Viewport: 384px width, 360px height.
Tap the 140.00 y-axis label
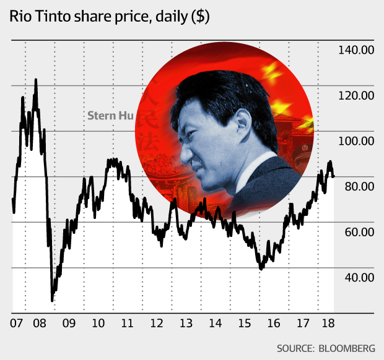pos(356,50)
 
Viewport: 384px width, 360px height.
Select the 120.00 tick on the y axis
pos(356,95)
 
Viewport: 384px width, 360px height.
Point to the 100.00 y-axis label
pos(356,141)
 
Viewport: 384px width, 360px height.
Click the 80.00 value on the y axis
pos(358,186)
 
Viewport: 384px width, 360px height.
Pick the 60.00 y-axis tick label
pos(358,232)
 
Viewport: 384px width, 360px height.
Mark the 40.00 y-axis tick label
pos(358,277)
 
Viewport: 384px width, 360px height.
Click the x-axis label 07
pos(17,323)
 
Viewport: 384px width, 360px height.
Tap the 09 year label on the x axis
pos(68,323)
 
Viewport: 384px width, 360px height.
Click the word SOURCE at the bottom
pos(294,348)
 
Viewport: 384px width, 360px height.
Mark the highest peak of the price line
pos(35,80)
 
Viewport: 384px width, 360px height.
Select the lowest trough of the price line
pos(52,301)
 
